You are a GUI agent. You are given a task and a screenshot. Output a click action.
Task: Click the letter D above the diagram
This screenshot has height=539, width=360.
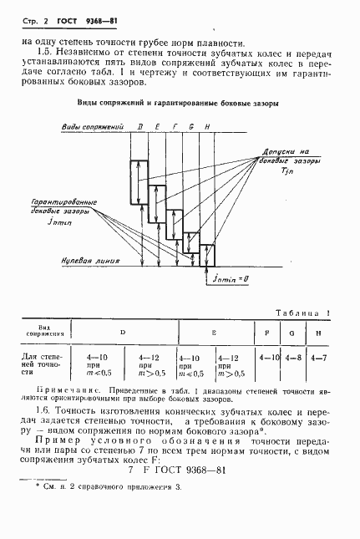[140, 126]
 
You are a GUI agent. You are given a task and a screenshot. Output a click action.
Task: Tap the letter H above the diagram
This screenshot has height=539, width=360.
[207, 126]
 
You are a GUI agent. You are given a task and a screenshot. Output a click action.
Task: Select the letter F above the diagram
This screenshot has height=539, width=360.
[175, 126]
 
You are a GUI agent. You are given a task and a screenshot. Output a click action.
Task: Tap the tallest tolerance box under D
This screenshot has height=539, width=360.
[139, 181]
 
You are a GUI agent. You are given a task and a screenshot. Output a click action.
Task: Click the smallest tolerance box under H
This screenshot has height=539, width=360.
[207, 253]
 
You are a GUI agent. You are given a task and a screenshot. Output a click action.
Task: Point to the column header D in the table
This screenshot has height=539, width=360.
[123, 332]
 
